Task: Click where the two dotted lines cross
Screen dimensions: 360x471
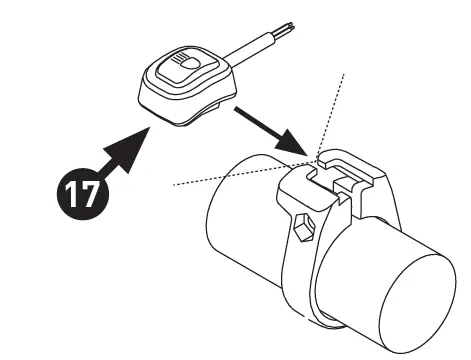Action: click(x=318, y=161)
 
